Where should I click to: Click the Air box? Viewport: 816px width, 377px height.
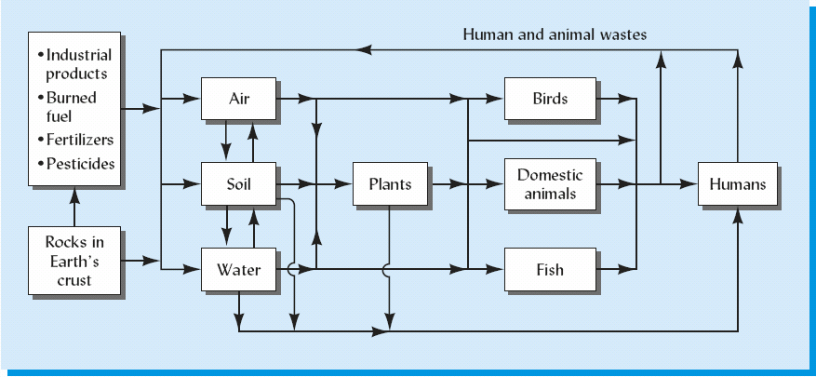(238, 98)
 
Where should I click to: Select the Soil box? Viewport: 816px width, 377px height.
(238, 183)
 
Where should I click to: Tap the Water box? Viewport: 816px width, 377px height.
(238, 271)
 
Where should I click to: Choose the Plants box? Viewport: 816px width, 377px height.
(390, 183)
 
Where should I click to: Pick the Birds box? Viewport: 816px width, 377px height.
(550, 98)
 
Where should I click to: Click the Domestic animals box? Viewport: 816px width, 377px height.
(550, 183)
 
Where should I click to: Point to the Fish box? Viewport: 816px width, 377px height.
(550, 271)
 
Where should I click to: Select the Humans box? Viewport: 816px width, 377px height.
(737, 183)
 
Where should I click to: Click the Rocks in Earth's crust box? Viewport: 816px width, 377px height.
(74, 261)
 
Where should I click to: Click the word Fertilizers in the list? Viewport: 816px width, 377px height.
(79, 140)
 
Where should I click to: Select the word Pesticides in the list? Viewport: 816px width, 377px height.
(80, 164)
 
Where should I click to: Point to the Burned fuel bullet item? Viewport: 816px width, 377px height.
(71, 106)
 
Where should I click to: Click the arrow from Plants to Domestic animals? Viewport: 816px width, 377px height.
(465, 184)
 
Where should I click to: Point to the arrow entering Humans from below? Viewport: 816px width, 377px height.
(738, 223)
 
